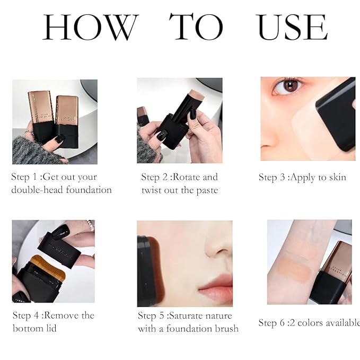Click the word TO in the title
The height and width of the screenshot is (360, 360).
(x=196, y=27)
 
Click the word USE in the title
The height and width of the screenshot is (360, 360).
(x=292, y=27)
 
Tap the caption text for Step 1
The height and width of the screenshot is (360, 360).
(x=62, y=183)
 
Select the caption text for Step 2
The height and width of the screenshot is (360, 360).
(x=180, y=183)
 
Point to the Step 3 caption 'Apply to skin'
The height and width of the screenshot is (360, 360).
(x=302, y=177)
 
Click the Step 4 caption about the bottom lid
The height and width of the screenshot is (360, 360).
(x=54, y=322)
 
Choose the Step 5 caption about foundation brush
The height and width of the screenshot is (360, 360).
(x=188, y=322)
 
